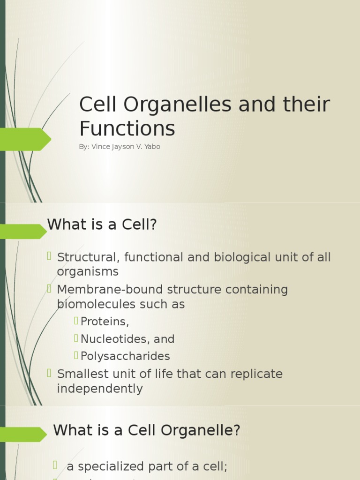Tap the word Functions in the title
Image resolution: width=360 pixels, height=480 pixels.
[x=127, y=128]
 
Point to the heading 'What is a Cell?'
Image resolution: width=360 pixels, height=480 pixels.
[x=102, y=225]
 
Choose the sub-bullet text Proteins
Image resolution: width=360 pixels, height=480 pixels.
[x=105, y=322]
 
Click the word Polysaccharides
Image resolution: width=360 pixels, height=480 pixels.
[x=125, y=356]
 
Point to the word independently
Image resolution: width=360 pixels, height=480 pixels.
[x=99, y=389]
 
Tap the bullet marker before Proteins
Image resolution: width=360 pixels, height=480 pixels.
[x=76, y=321]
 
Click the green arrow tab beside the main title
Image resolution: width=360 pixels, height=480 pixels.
[x=26, y=139]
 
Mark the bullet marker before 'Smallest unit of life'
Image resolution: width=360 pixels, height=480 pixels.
[x=49, y=373]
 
